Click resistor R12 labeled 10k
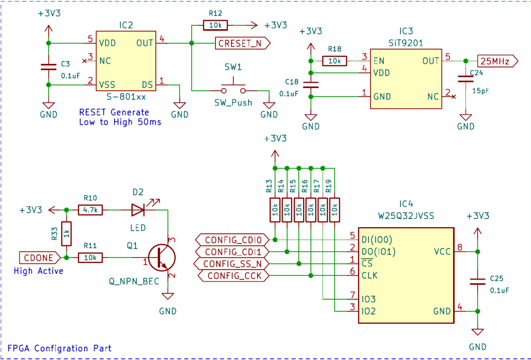pyautogui.click(x=215, y=25)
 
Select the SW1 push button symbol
pyautogui.click(x=234, y=87)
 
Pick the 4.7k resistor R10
pyautogui.click(x=90, y=209)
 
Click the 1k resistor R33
pyautogui.click(x=66, y=233)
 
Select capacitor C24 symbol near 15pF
pyautogui.click(x=466, y=79)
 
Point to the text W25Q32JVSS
pyautogui.click(x=406, y=216)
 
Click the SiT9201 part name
pyautogui.click(x=405, y=43)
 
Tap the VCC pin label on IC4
pyautogui.click(x=442, y=252)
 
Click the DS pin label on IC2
pyautogui.click(x=147, y=84)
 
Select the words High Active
pyautogui.click(x=38, y=271)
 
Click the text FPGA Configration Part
pyautogui.click(x=60, y=348)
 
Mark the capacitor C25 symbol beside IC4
pyautogui.click(x=477, y=282)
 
